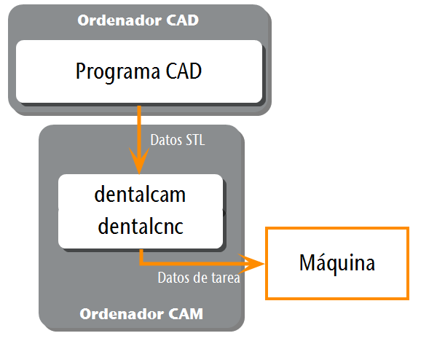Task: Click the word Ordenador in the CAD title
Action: [119, 20]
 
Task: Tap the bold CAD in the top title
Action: [183, 20]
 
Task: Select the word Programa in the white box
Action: [117, 72]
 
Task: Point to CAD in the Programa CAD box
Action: [184, 71]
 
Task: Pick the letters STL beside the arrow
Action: [195, 140]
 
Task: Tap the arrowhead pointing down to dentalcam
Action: [139, 160]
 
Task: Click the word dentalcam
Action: [140, 194]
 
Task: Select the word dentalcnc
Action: [141, 226]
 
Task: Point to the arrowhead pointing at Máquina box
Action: [251, 264]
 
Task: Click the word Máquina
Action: [337, 263]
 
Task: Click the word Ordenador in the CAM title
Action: [122, 314]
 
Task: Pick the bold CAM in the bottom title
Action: [186, 314]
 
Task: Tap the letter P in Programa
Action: [80, 71]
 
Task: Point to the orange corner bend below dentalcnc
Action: [141, 263]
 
